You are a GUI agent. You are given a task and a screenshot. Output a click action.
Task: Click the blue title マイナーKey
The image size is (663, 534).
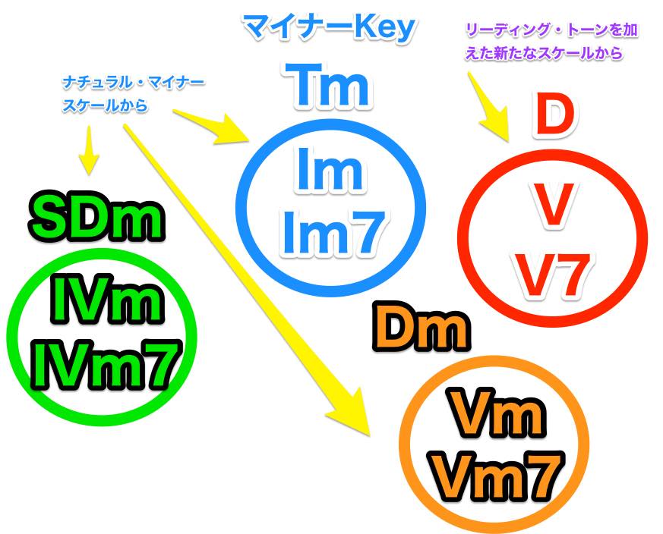point(330,28)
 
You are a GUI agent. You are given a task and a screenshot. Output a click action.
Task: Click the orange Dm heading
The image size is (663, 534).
point(421,328)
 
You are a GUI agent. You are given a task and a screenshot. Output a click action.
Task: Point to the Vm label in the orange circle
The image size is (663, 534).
point(494,413)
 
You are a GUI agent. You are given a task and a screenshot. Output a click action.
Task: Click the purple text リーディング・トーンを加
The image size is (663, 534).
point(551,30)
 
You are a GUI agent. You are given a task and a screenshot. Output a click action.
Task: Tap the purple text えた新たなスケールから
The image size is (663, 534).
point(544,53)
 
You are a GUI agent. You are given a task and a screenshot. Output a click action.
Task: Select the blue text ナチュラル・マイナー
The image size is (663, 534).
point(133,83)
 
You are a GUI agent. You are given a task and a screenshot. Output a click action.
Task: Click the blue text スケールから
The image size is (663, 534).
point(105,105)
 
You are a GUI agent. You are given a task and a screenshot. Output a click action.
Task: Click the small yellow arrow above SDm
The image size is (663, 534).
point(89,150)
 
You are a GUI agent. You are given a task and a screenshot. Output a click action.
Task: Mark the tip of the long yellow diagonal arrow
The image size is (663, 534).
point(370,436)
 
